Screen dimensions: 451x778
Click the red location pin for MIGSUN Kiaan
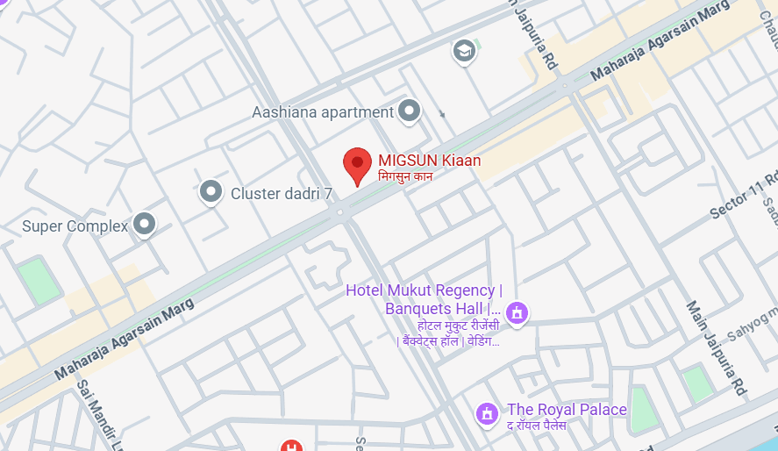357,164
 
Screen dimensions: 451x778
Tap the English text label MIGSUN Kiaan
429,161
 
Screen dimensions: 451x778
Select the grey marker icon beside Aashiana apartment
409,111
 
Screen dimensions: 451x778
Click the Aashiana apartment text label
323,112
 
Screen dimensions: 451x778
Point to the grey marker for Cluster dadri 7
211,191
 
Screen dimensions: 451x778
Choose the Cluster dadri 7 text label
281,193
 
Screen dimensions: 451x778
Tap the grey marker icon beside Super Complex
144,225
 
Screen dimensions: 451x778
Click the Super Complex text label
75,226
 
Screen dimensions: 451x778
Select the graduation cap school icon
465,52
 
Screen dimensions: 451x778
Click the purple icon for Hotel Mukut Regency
517,311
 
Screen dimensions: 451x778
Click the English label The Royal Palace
567,410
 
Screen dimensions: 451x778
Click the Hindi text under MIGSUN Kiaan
405,176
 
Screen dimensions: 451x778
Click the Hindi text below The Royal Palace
536,426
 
